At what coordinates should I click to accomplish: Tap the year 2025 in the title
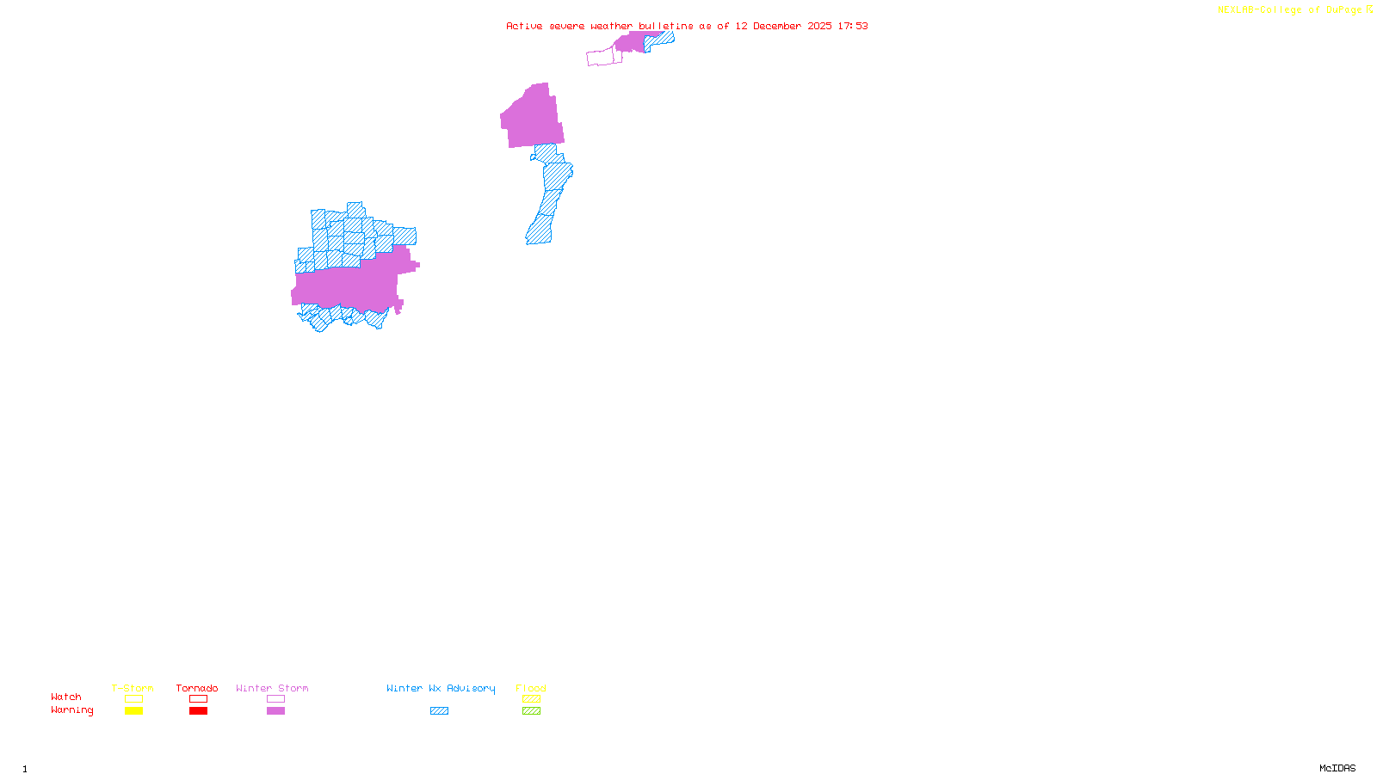pyautogui.click(x=819, y=26)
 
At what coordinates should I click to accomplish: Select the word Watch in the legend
pyautogui.click(x=66, y=697)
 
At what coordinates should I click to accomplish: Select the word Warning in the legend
pyautogui.click(x=72, y=710)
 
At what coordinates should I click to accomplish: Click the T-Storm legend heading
pyautogui.click(x=133, y=688)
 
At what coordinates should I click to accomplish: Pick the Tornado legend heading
pyautogui.click(x=197, y=688)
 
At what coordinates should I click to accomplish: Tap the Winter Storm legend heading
pyautogui.click(x=272, y=688)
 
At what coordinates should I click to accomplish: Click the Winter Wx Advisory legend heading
pyautogui.click(x=441, y=688)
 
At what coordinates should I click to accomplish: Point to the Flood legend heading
pyautogui.click(x=531, y=688)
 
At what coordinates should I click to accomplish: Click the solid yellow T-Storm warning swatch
pyautogui.click(x=133, y=711)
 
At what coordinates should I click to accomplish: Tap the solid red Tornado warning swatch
pyautogui.click(x=198, y=711)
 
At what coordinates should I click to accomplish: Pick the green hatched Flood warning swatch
pyautogui.click(x=531, y=711)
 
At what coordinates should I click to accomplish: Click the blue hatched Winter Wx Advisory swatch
pyautogui.click(x=439, y=711)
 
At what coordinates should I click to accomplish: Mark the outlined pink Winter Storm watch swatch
pyautogui.click(x=275, y=699)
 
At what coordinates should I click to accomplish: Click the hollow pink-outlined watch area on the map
pyautogui.click(x=601, y=58)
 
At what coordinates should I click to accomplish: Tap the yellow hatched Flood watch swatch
pyautogui.click(x=531, y=699)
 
